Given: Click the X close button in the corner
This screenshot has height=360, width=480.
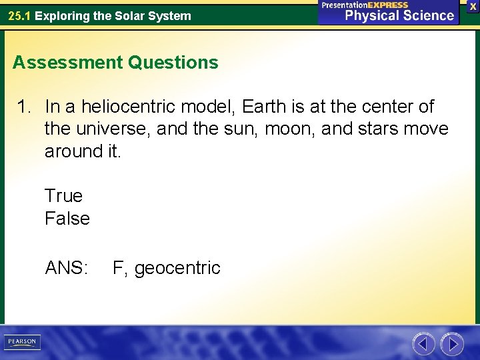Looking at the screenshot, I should pyautogui.click(x=473, y=6).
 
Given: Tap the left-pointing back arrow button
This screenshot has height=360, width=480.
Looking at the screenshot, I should pyautogui.click(x=423, y=344).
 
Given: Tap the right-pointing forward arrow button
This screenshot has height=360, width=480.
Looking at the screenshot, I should pyautogui.click(x=452, y=344).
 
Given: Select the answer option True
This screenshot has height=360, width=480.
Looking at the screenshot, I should pyautogui.click(x=63, y=196).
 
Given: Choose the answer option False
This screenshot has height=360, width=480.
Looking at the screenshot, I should pyautogui.click(x=67, y=219).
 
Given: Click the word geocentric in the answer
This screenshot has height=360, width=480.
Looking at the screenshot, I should pyautogui.click(x=177, y=268).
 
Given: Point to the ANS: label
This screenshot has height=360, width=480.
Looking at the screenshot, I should pyautogui.click(x=67, y=268).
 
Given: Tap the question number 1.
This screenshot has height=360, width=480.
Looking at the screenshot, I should pyautogui.click(x=24, y=107).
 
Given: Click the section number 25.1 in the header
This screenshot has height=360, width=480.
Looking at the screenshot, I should pyautogui.click(x=19, y=15).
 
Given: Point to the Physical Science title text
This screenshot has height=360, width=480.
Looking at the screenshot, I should pyautogui.click(x=399, y=16).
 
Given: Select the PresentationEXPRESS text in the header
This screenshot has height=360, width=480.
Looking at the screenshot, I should pyautogui.click(x=365, y=5).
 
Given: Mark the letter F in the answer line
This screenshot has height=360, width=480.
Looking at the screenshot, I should pyautogui.click(x=118, y=268).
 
